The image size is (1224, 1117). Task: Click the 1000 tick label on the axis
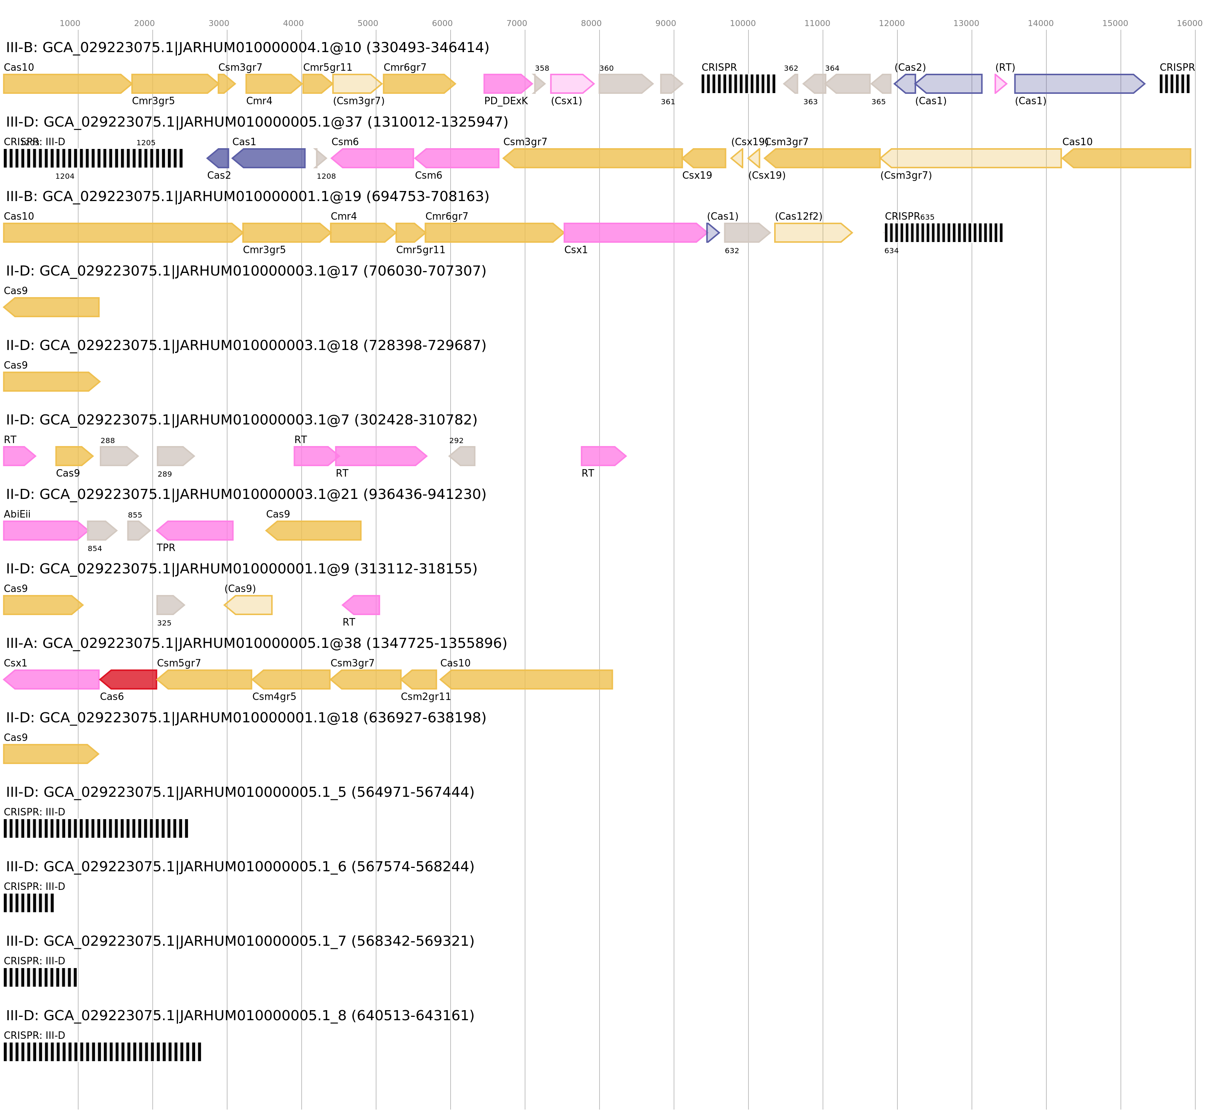coord(70,23)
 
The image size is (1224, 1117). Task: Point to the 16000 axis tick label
coord(1189,23)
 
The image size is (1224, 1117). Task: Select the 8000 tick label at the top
coord(591,23)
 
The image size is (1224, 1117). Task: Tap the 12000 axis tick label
coord(891,23)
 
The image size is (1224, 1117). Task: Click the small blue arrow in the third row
coord(713,232)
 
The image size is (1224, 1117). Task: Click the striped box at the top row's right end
coord(1174,84)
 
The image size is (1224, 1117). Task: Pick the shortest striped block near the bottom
coord(29,903)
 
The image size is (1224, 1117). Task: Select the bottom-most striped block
coord(102,1051)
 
